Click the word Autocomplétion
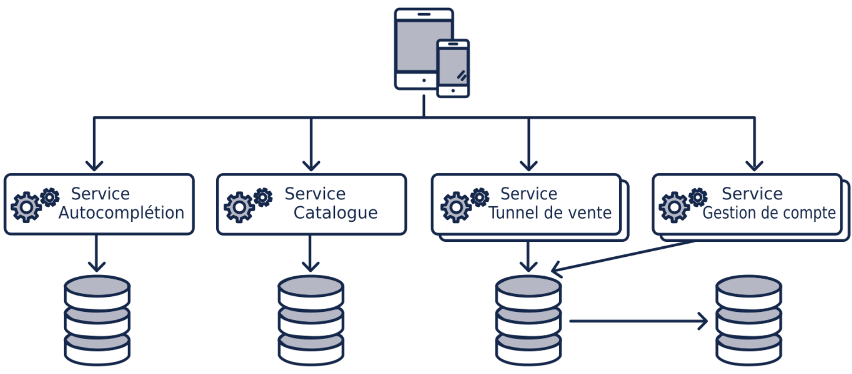point(121,213)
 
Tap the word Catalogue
point(335,213)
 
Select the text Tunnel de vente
point(550,213)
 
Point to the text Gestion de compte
point(769,213)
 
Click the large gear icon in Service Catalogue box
point(239,207)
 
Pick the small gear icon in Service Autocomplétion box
point(50,197)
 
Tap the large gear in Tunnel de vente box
point(455,207)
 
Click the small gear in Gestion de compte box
point(698,197)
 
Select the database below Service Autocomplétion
point(97,320)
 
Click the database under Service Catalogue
point(311,320)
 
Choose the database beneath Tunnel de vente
point(528,320)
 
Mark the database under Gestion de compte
point(748,320)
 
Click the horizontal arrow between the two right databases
point(638,321)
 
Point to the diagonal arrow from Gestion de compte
point(623,257)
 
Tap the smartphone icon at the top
point(453,68)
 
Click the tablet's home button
point(424,80)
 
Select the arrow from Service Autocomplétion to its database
point(96,253)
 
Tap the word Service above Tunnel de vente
point(529,194)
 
